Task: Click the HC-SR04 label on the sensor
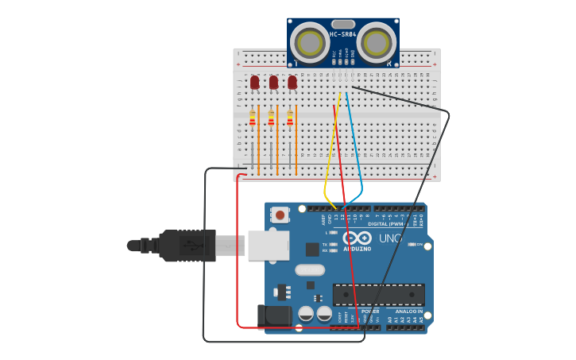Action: click(x=342, y=34)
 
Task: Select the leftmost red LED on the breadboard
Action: click(x=254, y=82)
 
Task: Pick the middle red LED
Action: click(x=273, y=82)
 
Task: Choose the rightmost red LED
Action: click(x=292, y=82)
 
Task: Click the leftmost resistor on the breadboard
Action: click(x=253, y=118)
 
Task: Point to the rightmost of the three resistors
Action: click(x=290, y=118)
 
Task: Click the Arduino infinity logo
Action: click(x=357, y=238)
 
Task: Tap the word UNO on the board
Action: click(x=389, y=238)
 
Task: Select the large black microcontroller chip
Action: click(x=378, y=294)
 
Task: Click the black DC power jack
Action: click(x=274, y=315)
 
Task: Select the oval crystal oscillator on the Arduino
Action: click(x=309, y=269)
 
